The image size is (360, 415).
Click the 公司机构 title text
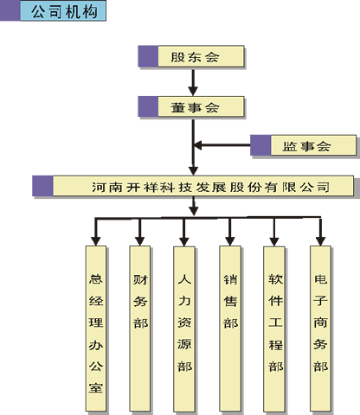64,12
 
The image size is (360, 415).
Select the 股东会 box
191,56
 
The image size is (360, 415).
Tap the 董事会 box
191,106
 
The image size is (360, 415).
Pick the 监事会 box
304,145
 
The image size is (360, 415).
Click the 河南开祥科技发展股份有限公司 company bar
193,186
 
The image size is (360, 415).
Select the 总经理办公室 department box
96,329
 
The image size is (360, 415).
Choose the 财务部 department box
140,329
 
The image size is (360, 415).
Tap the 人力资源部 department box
184,329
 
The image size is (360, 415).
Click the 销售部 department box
230,329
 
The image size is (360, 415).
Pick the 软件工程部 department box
274,329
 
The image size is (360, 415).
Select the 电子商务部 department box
320,329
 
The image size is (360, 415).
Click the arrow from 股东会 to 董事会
193,81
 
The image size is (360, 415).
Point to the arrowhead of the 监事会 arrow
198,145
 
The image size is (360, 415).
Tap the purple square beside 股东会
148,56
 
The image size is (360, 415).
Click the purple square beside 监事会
260,145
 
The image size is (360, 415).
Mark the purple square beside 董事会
148,106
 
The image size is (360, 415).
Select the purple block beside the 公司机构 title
10,10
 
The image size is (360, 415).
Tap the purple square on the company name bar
42,186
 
